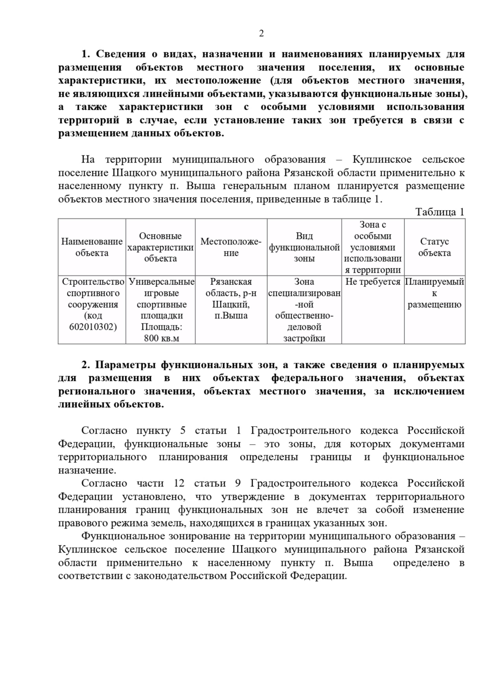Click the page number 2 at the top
(261, 33)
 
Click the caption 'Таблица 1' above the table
(440, 212)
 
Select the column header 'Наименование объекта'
(92, 247)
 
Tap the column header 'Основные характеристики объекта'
(160, 247)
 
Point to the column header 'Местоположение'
(231, 247)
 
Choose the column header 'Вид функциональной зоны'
(304, 247)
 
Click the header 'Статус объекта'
(434, 247)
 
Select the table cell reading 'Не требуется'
(373, 282)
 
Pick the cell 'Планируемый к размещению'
(434, 293)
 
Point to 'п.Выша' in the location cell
(231, 315)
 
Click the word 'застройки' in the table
(304, 338)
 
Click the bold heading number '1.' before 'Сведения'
(86, 54)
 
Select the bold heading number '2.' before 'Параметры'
(86, 365)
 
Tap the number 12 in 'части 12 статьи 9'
(179, 483)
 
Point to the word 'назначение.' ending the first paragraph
(87, 470)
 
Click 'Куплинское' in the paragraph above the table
(382, 160)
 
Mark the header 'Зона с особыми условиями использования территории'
(373, 247)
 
